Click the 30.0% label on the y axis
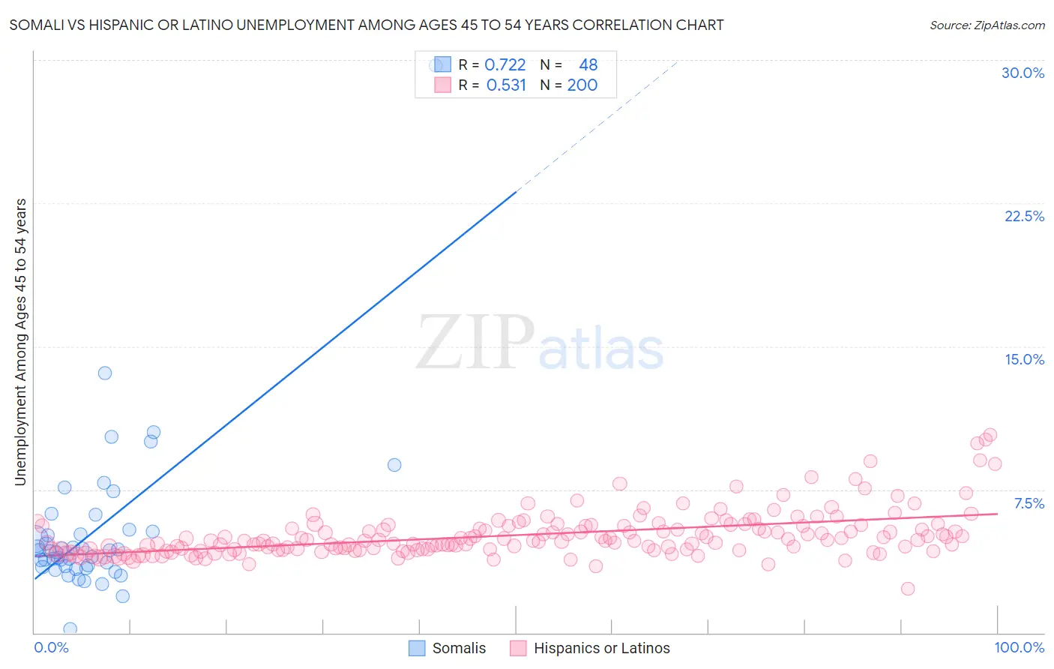1023,73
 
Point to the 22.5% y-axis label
1024,216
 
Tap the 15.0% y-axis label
1024,359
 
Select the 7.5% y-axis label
1029,503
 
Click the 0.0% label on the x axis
51,647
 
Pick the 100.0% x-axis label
1019,647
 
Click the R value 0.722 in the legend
505,64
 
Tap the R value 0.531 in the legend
506,85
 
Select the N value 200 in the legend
582,85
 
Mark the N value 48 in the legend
588,64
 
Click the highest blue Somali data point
105,373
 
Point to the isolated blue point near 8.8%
394,465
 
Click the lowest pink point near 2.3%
908,589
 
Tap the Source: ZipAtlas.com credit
987,25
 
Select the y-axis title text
20,342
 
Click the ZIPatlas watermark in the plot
540,343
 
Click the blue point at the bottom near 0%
70,628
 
